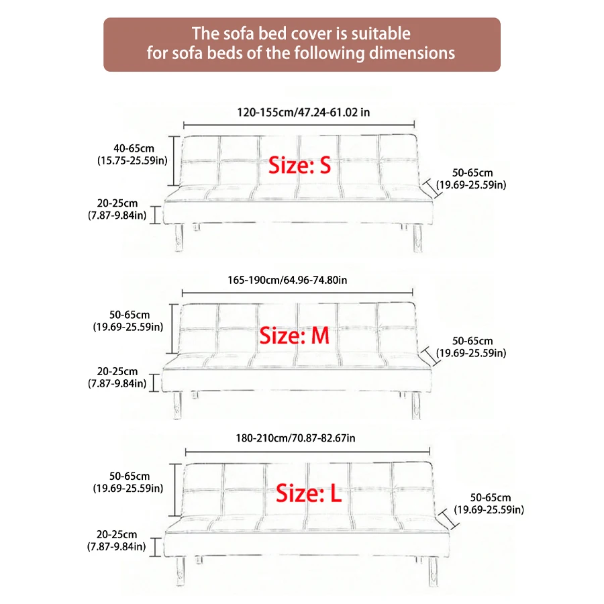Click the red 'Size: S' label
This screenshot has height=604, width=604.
(x=300, y=164)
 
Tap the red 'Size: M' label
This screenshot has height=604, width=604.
(x=295, y=336)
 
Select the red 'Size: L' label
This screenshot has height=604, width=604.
(x=309, y=495)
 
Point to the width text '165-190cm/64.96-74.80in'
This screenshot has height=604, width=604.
(x=295, y=279)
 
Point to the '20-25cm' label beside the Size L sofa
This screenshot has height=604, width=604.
(x=117, y=535)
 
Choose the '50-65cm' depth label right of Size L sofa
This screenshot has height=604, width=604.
(x=490, y=498)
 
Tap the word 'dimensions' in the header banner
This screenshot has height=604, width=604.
(x=412, y=53)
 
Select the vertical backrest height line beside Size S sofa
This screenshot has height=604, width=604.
(x=176, y=161)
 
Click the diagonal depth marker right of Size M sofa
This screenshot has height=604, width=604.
(x=430, y=356)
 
